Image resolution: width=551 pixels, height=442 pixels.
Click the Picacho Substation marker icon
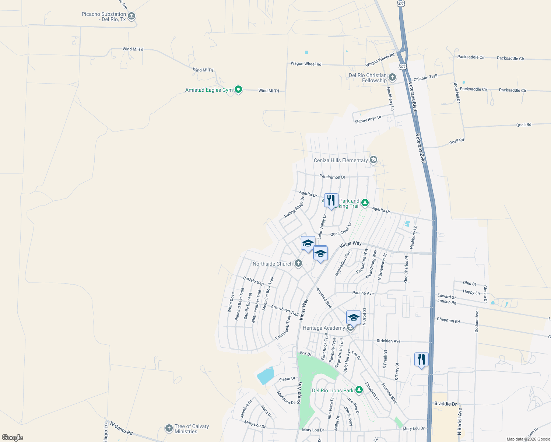click(x=132, y=17)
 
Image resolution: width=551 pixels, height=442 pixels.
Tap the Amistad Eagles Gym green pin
click(x=238, y=90)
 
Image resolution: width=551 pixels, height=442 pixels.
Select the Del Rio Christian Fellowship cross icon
click(x=392, y=77)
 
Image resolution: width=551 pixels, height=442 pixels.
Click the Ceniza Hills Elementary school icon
click(x=373, y=160)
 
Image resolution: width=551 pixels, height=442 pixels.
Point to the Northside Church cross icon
click(x=298, y=263)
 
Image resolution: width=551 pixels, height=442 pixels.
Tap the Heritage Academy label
click(x=324, y=328)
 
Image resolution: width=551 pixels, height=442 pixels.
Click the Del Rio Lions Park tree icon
click(x=359, y=390)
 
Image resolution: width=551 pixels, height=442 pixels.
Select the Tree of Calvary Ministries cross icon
click(x=169, y=428)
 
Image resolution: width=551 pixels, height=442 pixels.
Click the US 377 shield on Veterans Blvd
click(x=403, y=67)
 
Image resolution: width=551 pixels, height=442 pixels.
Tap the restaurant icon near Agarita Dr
click(x=331, y=201)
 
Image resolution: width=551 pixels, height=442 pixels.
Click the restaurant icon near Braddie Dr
click(x=421, y=359)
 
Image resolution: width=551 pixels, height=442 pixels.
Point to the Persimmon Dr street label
click(x=332, y=177)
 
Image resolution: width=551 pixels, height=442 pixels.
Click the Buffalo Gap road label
click(x=253, y=281)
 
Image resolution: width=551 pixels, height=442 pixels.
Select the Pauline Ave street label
click(x=363, y=293)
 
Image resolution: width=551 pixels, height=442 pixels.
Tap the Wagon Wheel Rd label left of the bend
click(x=306, y=64)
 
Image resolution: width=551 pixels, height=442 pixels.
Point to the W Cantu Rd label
click(x=121, y=428)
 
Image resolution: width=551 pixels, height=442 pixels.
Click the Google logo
click(x=13, y=437)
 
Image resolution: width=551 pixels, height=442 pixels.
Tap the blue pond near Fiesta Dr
click(x=266, y=376)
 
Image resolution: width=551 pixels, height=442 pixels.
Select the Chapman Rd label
click(x=448, y=320)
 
